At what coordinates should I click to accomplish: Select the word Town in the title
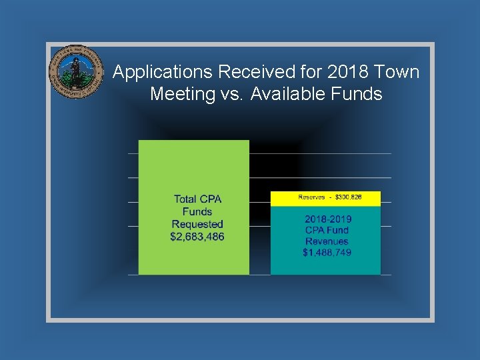coord(398,72)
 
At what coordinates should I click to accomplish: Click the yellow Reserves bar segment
coord(325,198)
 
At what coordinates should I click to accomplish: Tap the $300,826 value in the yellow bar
coord(348,197)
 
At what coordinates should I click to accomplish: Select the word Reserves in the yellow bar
coord(311,197)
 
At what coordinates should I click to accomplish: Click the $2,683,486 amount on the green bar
coord(197,237)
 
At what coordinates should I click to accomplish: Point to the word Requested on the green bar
coord(197,224)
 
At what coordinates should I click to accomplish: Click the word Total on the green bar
coord(185,199)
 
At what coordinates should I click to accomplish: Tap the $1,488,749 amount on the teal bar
coord(327,253)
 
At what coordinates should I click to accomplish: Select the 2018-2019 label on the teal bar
coord(328,219)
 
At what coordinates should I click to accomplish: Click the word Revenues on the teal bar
coord(327,241)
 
